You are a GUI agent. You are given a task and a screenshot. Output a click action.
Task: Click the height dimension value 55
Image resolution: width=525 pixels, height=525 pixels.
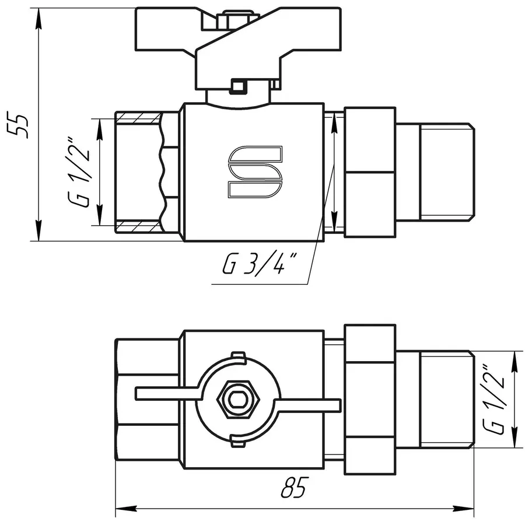tap(21, 124)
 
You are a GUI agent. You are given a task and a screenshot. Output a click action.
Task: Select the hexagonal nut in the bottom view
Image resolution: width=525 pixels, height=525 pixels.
tap(237, 400)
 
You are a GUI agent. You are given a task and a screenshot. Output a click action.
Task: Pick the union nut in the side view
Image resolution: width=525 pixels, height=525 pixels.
tap(370, 171)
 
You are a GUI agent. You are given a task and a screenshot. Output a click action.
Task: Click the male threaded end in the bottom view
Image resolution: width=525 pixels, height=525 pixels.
tap(444, 400)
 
